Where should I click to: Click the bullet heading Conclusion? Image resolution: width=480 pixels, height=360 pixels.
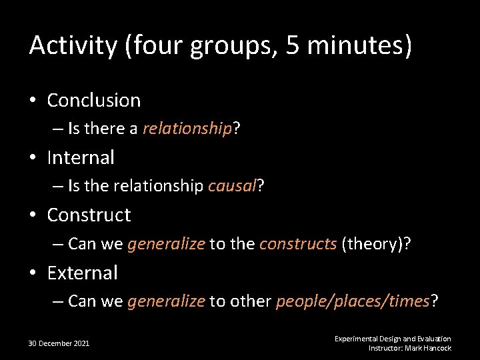[x=94, y=101]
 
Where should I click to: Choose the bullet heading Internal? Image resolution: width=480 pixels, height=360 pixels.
[x=81, y=158]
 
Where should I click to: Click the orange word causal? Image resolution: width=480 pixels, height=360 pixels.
[x=232, y=187]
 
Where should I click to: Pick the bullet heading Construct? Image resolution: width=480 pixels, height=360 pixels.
[x=89, y=215]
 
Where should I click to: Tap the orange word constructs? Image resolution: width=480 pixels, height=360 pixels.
[x=298, y=244]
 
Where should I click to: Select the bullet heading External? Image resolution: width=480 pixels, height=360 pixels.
[x=82, y=273]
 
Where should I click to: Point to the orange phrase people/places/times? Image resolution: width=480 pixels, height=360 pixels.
[x=353, y=301]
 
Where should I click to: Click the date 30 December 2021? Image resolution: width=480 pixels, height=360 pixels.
[x=59, y=343]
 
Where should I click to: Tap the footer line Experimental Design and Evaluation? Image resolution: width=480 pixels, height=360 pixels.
[x=393, y=339]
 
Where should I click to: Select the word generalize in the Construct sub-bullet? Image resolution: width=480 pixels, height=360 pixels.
[x=166, y=244]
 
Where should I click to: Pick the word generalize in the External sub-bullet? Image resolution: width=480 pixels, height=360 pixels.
[x=166, y=301]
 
